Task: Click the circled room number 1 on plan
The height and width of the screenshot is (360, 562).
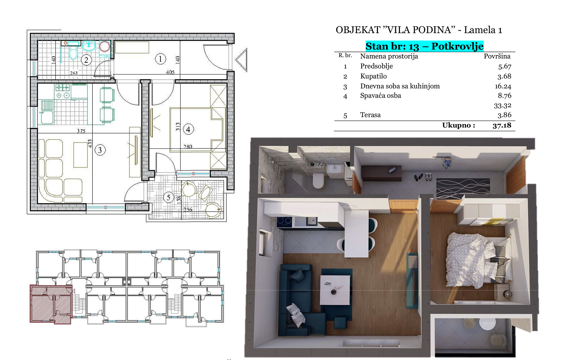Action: click(x=160, y=59)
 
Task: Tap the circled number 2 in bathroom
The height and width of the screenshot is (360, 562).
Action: click(x=86, y=60)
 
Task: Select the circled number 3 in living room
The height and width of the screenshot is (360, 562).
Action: click(x=100, y=150)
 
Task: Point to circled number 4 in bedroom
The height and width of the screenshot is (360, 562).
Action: click(x=188, y=129)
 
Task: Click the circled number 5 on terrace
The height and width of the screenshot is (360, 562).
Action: click(x=168, y=197)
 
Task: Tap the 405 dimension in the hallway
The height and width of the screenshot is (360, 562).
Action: click(x=170, y=72)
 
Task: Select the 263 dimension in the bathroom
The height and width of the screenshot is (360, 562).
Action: click(x=74, y=73)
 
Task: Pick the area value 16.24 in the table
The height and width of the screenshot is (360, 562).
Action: click(x=503, y=86)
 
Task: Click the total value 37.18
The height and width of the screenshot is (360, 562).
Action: click(x=502, y=125)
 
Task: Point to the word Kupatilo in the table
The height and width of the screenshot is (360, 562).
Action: click(x=373, y=76)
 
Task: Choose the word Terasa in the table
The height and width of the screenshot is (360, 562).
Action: click(x=370, y=115)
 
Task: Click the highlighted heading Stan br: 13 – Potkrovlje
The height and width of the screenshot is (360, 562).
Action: click(x=424, y=46)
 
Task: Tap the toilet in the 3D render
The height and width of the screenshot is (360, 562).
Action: click(x=318, y=181)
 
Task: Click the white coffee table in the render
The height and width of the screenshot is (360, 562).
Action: click(x=335, y=290)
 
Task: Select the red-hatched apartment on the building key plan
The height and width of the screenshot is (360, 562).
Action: click(x=51, y=304)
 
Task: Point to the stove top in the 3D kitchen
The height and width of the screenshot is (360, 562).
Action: click(x=284, y=221)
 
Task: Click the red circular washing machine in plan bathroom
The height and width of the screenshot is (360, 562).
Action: click(x=104, y=46)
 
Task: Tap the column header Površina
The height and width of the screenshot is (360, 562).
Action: click(x=497, y=56)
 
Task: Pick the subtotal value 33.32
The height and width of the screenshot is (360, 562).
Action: click(x=503, y=105)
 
